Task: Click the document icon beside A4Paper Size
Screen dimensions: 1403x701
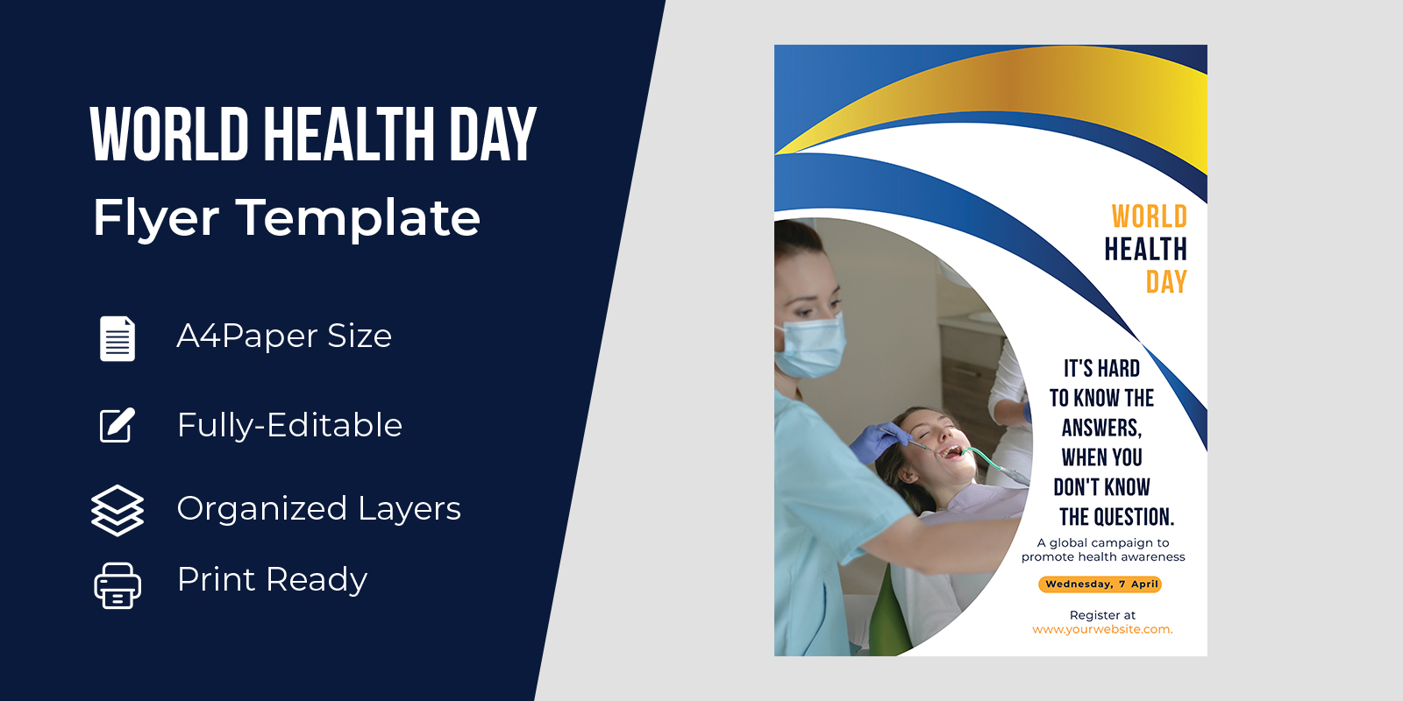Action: (118, 338)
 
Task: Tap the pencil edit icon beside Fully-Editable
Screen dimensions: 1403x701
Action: (118, 426)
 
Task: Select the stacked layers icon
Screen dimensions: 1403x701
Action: (118, 510)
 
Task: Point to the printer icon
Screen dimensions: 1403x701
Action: (118, 586)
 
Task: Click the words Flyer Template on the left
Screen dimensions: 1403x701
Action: (287, 218)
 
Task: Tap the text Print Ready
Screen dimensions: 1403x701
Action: (272, 579)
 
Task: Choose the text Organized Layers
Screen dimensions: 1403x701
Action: (319, 508)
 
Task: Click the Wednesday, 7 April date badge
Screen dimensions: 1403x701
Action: (1100, 584)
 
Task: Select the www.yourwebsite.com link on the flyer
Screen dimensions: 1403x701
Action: (1102, 629)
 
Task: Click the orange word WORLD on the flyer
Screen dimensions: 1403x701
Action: (1150, 216)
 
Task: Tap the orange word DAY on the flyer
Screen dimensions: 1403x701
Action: (1166, 281)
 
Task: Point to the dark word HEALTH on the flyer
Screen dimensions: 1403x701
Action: (1145, 249)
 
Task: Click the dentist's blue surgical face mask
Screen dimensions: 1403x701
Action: (809, 346)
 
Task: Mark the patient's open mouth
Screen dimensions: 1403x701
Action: (952, 451)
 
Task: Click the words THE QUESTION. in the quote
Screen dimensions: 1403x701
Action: (1117, 517)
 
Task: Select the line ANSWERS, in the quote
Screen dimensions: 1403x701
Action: (1101, 428)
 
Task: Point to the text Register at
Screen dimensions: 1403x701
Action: (1102, 615)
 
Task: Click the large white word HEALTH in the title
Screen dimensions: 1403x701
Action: (349, 134)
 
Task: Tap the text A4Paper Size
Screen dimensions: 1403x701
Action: (284, 336)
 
